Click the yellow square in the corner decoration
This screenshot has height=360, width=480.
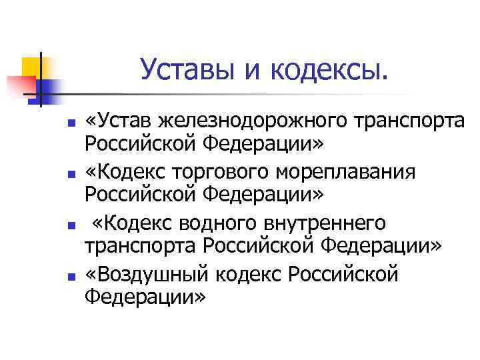[31, 67]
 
